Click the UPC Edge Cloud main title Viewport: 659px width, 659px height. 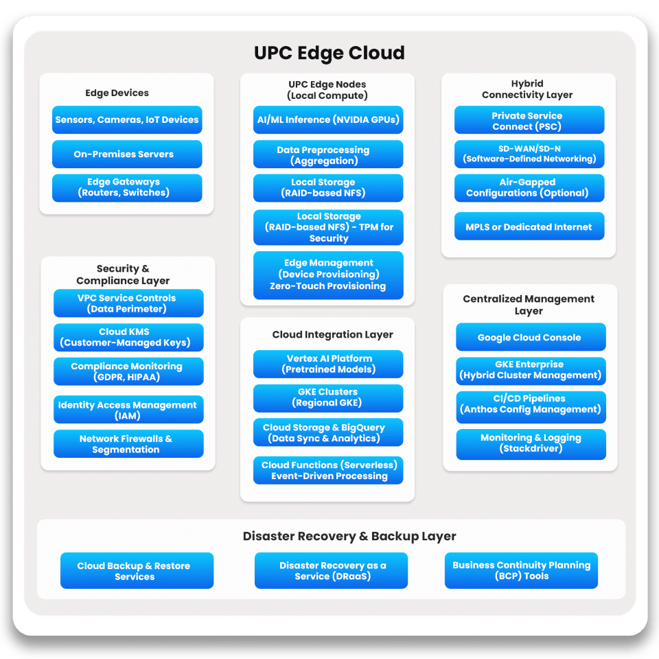pyautogui.click(x=329, y=53)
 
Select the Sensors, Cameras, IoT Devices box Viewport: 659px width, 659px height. pyautogui.click(x=127, y=119)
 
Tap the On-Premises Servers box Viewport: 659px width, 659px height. pyautogui.click(x=127, y=154)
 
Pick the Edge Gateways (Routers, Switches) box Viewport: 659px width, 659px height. pyautogui.click(x=127, y=187)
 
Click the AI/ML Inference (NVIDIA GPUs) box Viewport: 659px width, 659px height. pyautogui.click(x=328, y=119)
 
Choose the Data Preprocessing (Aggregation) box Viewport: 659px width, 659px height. pyautogui.click(x=328, y=155)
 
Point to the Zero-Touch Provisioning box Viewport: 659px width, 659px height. pyautogui.click(x=328, y=275)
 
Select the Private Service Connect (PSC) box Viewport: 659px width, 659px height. pyautogui.click(x=529, y=121)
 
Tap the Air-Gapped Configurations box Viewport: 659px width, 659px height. pyautogui.click(x=529, y=187)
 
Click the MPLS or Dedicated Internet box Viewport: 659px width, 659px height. pyautogui.click(x=529, y=227)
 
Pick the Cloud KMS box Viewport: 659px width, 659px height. pyautogui.click(x=128, y=337)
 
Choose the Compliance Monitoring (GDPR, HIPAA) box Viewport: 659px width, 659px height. pyautogui.click(x=128, y=371)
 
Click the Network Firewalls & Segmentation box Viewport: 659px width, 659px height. pyautogui.click(x=128, y=444)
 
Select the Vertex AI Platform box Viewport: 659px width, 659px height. pyautogui.click(x=328, y=364)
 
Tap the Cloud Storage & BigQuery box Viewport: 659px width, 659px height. pyautogui.click(x=328, y=432)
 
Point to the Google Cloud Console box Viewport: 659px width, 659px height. pyautogui.click(x=531, y=337)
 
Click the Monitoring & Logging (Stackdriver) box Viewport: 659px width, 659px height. pyautogui.click(x=531, y=443)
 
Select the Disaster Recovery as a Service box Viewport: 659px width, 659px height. pyautogui.click(x=331, y=570)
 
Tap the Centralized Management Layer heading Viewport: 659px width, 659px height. pyautogui.click(x=529, y=305)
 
